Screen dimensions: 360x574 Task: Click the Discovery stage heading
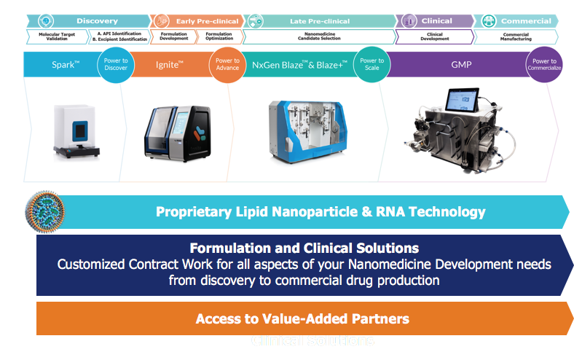click(97, 21)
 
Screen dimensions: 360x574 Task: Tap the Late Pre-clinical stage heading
click(319, 21)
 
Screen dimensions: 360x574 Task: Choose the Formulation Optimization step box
click(219, 36)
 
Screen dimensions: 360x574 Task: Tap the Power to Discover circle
click(116, 65)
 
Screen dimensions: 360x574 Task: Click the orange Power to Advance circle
click(227, 65)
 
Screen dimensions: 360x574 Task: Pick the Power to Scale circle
click(371, 65)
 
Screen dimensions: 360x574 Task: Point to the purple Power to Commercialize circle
click(544, 65)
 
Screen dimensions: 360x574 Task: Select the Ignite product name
click(170, 65)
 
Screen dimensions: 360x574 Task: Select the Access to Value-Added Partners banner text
click(302, 318)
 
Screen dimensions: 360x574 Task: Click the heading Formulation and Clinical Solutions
click(304, 248)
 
